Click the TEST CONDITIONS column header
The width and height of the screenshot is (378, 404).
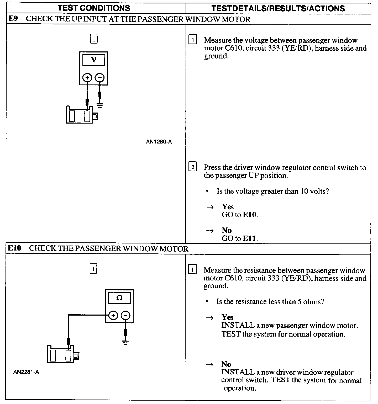94,8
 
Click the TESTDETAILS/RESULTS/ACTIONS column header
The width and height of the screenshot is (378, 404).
278,8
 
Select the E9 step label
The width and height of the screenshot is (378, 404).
13,19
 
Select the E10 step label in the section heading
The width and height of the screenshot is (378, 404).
14,248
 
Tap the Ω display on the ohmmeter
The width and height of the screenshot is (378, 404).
119,298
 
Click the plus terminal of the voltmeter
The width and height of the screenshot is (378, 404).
87,78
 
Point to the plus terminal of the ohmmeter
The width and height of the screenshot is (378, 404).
113,315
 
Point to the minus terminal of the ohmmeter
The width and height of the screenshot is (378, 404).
125,315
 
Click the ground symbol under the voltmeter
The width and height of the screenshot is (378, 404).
100,105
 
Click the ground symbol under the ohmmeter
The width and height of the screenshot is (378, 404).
125,342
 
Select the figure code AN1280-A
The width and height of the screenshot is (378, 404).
159,142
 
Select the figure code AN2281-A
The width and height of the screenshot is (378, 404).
26,372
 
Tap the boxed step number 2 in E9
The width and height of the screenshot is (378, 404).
193,167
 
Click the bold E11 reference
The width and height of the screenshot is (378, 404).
250,238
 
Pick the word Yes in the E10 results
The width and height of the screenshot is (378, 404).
227,317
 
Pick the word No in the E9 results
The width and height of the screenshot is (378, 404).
227,230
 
